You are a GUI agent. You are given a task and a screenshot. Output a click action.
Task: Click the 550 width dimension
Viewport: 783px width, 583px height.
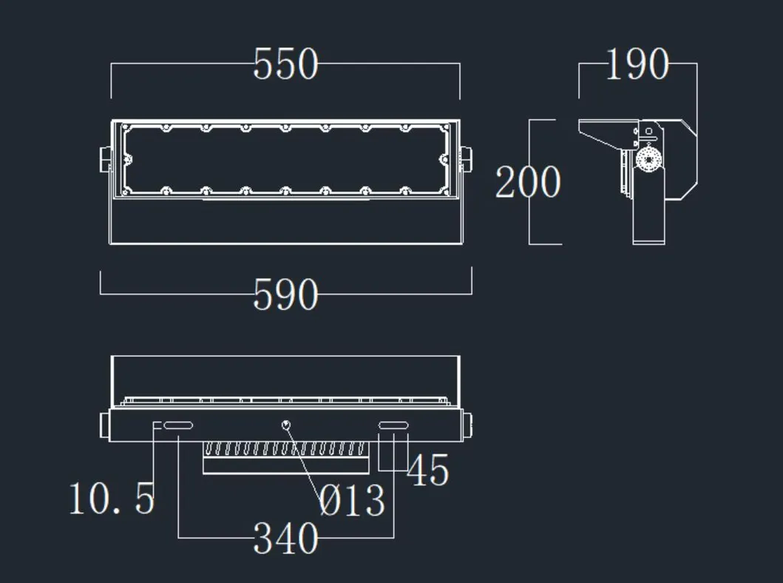[x=285, y=64]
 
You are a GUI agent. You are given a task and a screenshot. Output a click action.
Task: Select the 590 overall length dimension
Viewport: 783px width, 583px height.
[x=285, y=294]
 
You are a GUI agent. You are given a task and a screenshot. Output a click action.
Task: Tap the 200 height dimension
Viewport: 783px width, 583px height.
[x=528, y=182]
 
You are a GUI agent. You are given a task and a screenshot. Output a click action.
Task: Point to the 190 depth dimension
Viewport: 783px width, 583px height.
[x=637, y=64]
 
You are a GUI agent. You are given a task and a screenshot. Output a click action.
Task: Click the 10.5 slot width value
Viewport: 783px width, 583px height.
[x=112, y=498]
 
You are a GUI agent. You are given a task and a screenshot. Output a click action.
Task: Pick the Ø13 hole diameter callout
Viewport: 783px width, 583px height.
[x=353, y=501]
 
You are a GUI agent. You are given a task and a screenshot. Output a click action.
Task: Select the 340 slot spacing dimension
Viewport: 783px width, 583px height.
[x=285, y=538]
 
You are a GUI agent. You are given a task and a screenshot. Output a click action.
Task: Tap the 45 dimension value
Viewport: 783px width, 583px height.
[x=428, y=471]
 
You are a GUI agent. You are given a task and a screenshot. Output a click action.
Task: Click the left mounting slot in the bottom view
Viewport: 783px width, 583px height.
[x=178, y=425]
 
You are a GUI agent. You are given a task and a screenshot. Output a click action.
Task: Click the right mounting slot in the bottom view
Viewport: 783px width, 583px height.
[x=393, y=425]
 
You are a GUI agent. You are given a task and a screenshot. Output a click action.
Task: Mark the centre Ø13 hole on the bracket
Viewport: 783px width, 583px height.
[x=286, y=424]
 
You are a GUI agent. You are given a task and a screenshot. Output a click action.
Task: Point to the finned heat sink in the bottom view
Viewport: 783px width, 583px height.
[x=285, y=450]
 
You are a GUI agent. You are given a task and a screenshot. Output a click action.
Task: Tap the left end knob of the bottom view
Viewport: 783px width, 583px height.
[x=105, y=424]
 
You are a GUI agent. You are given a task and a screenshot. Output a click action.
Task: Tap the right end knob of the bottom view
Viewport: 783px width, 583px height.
[x=467, y=424]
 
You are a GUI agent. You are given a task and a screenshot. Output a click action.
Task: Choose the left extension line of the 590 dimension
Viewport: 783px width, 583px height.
[x=101, y=283]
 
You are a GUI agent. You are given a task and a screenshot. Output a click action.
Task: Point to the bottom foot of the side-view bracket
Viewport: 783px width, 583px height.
[x=648, y=239]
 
